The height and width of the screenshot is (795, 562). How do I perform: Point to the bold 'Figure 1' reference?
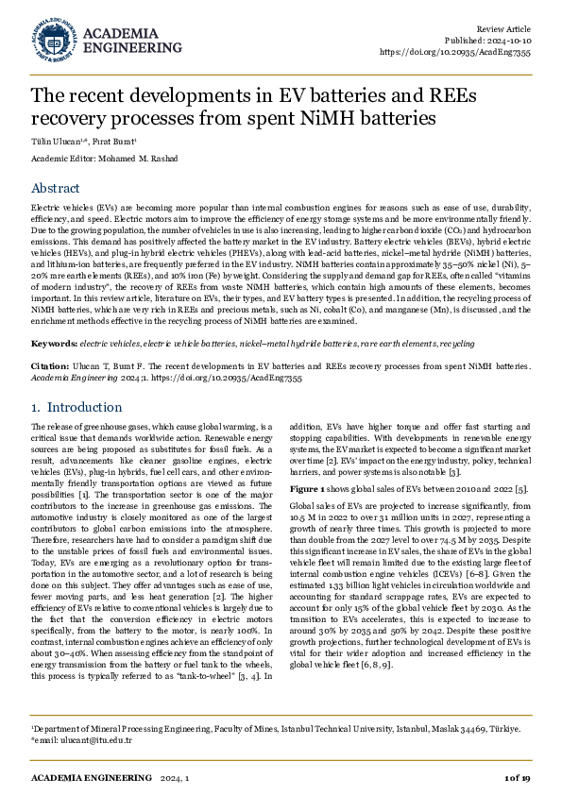309,488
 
